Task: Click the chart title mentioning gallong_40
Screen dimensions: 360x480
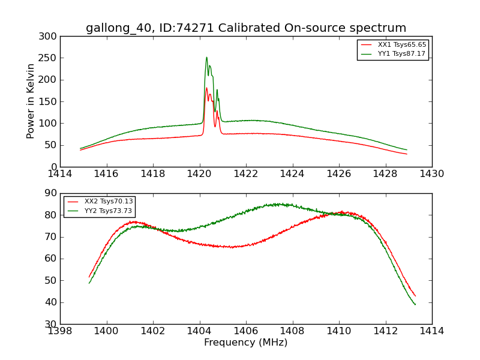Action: pyautogui.click(x=246, y=28)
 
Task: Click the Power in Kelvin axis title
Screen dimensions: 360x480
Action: pyautogui.click(x=31, y=101)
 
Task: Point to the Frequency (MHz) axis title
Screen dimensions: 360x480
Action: pyautogui.click(x=246, y=343)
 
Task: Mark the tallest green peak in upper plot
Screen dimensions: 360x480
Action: pyautogui.click(x=206, y=58)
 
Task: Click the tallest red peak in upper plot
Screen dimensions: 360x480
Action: pyautogui.click(x=206, y=88)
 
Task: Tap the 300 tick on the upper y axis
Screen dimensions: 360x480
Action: pyautogui.click(x=50, y=37)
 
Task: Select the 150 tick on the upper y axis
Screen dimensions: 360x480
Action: pyautogui.click(x=50, y=101)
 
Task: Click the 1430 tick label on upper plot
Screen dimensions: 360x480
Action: pyautogui.click(x=432, y=174)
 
